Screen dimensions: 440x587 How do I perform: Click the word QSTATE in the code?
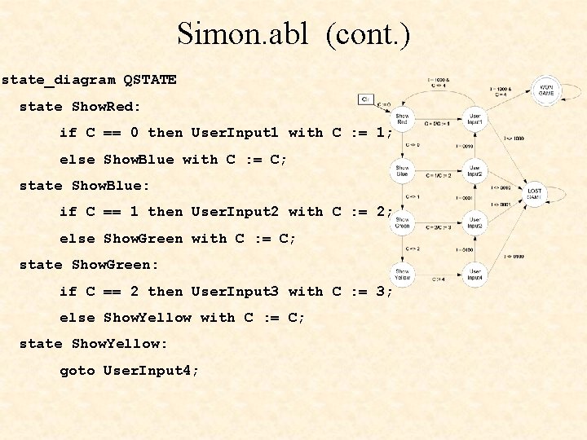pyautogui.click(x=150, y=80)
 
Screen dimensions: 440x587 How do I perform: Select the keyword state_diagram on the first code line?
pyautogui.click(x=59, y=80)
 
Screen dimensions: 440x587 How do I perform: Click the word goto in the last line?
pyautogui.click(x=77, y=371)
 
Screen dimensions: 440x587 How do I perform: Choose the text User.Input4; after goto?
pyautogui.click(x=151, y=371)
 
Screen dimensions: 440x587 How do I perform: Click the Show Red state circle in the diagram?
pyautogui.click(x=403, y=118)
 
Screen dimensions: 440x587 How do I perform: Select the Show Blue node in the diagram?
pyautogui.click(x=403, y=170)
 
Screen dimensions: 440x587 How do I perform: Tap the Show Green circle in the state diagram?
pyautogui.click(x=403, y=222)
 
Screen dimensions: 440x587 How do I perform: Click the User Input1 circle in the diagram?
pyautogui.click(x=475, y=118)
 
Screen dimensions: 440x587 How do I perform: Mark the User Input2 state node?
pyautogui.click(x=475, y=170)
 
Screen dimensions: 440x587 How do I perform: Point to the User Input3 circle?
pyautogui.click(x=475, y=222)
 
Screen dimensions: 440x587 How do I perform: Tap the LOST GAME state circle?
pyautogui.click(x=535, y=194)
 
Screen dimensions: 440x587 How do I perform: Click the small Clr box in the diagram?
pyautogui.click(x=366, y=99)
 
